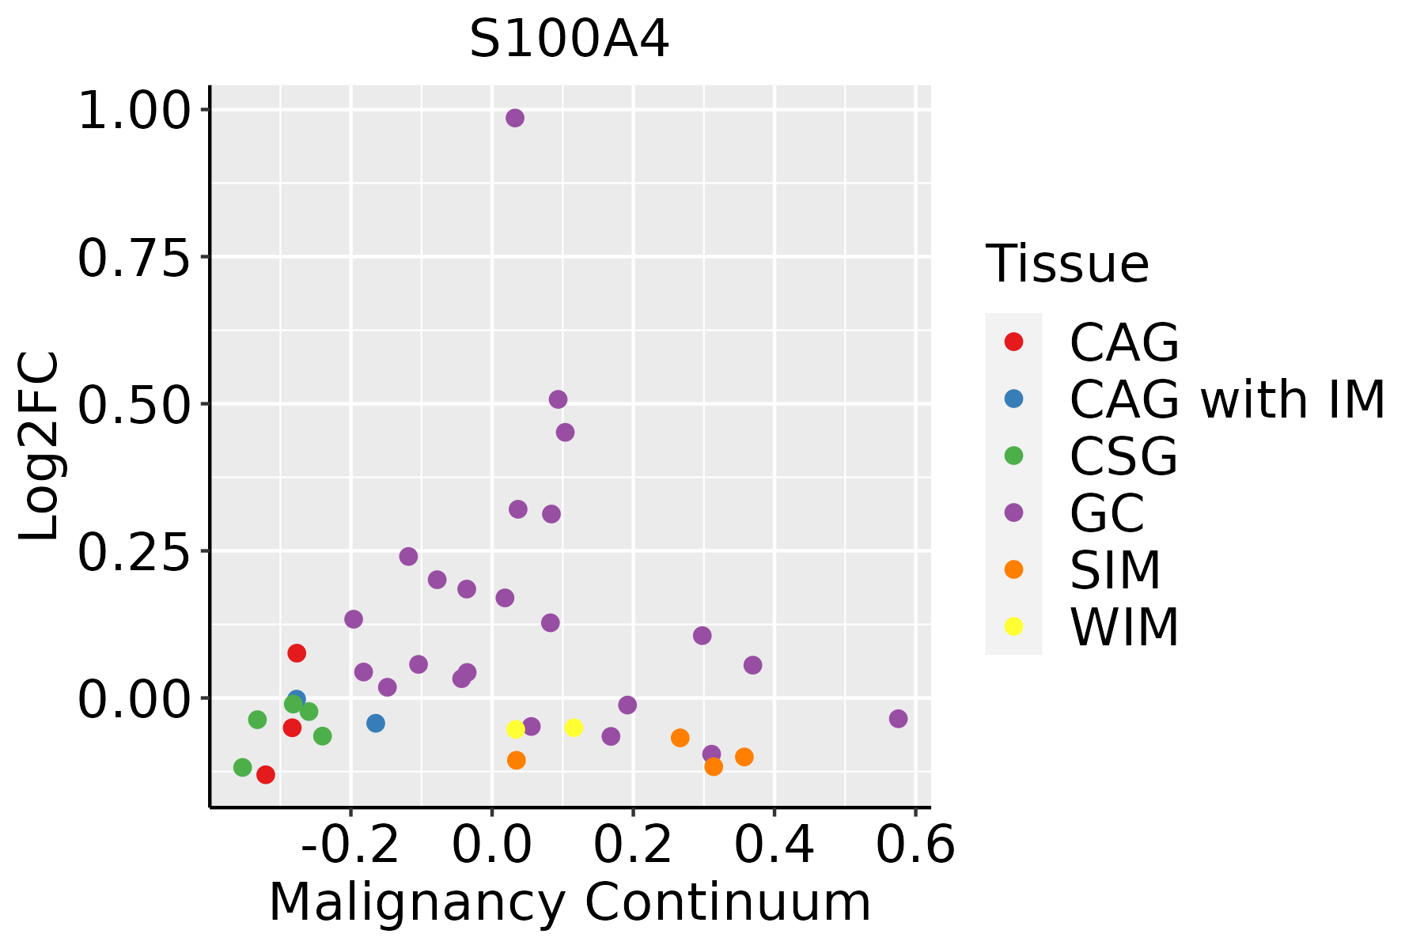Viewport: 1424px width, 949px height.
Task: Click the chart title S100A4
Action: coord(569,40)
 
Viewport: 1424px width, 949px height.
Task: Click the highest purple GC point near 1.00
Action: coord(515,118)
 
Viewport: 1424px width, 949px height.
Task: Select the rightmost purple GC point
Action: coord(898,718)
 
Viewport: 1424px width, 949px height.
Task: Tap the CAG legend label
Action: coord(1123,342)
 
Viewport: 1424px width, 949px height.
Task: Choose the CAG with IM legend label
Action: coord(1226,399)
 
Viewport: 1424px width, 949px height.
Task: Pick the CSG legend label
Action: coord(1123,456)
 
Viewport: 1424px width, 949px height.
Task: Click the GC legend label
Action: coord(1107,513)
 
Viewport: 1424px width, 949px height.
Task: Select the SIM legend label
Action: coord(1115,570)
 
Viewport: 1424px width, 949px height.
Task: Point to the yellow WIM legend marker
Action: coord(1013,626)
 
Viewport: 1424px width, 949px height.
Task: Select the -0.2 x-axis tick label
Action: coord(350,845)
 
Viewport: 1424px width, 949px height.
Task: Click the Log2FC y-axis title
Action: coord(40,447)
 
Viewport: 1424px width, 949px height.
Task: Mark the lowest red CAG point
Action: coord(266,774)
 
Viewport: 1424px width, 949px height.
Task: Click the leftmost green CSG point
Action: coord(243,767)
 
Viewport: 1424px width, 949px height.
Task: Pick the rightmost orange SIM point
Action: coord(744,757)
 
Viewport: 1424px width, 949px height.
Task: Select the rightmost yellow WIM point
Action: coord(574,728)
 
